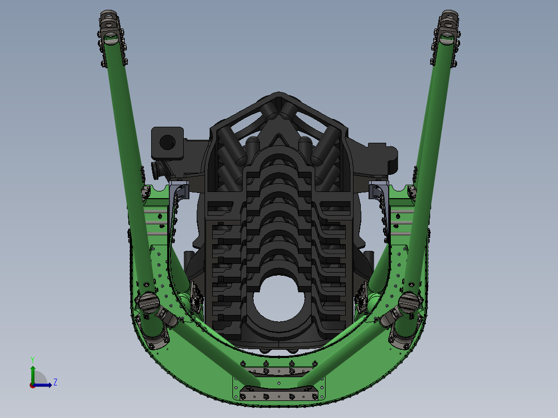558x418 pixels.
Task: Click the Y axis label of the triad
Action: coord(33,360)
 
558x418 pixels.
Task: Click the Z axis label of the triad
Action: coord(55,382)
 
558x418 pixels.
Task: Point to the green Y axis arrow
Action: coord(33,375)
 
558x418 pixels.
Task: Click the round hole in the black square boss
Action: coord(167,142)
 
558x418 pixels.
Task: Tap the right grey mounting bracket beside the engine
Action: coord(377,191)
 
